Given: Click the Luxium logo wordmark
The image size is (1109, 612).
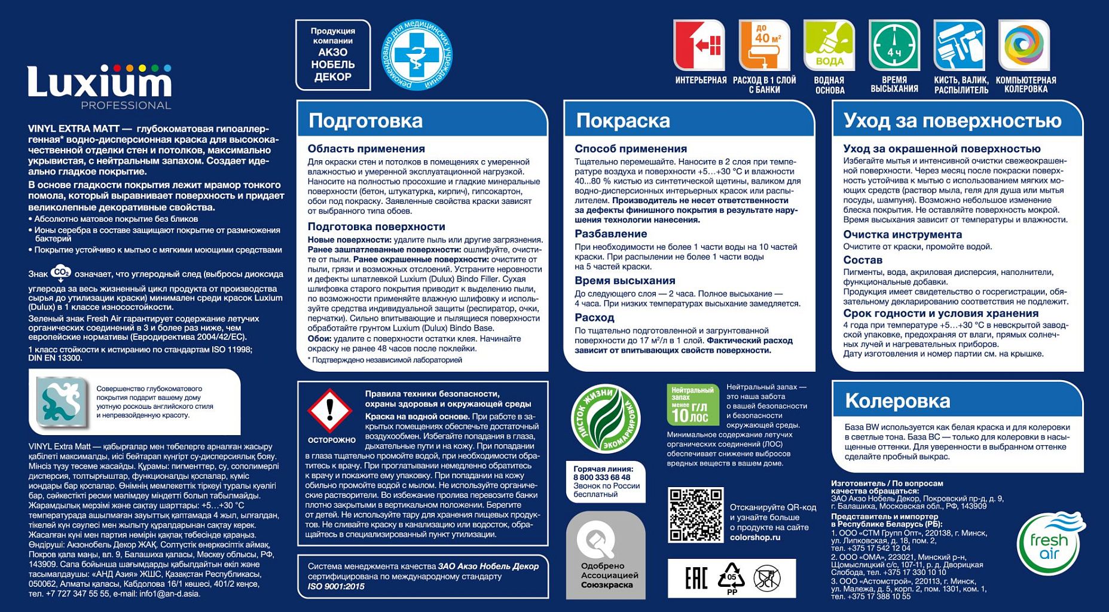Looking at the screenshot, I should tap(99, 82).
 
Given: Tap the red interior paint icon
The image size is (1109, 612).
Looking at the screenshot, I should tap(699, 45).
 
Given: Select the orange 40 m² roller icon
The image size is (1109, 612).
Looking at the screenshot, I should tap(764, 45).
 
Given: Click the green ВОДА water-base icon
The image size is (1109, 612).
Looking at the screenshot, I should tap(829, 45).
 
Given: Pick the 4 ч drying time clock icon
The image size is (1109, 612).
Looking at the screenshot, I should tap(894, 45).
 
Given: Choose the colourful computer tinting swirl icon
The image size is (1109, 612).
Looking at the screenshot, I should tap(1024, 45).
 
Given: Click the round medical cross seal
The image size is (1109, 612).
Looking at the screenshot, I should tap(417, 55).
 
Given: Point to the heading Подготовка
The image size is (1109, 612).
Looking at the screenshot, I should tap(365, 121).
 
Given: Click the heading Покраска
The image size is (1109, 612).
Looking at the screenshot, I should tap(623, 121).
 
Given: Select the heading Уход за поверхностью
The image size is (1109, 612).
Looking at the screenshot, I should tap(952, 121).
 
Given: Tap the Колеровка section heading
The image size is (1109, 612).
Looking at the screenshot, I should tap(897, 401).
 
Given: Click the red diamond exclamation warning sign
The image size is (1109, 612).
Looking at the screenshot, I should tap(329, 411).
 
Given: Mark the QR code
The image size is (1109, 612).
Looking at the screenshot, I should tap(695, 515).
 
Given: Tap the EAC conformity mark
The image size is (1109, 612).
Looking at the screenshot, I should tap(696, 578).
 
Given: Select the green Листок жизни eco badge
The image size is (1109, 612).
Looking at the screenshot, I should tap(606, 418).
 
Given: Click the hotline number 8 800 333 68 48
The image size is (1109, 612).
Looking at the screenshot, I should tap(601, 478).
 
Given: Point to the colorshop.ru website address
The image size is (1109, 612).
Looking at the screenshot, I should tap(755, 537).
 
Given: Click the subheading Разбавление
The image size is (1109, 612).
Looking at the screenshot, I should tap(610, 234).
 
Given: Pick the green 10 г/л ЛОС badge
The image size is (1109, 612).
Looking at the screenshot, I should tap(692, 405).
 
